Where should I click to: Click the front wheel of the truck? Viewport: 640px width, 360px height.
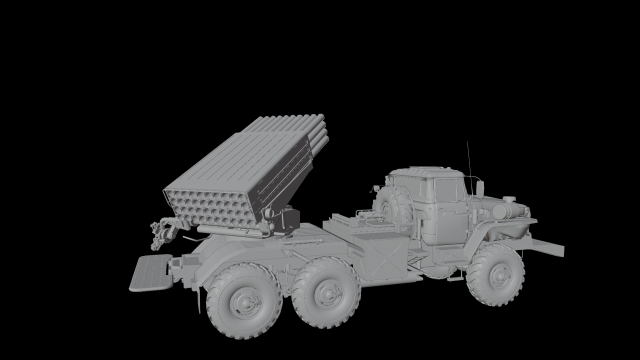[494, 273]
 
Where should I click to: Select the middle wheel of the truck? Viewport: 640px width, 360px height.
[329, 293]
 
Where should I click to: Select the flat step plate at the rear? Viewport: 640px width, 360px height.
[149, 271]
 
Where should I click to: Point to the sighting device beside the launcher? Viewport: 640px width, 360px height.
[161, 233]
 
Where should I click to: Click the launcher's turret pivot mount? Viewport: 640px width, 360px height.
[279, 222]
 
